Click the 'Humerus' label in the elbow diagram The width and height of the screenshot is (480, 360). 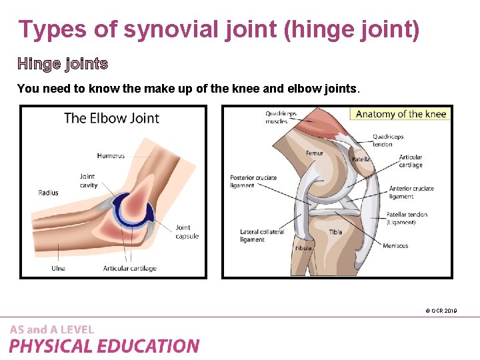coord(111,156)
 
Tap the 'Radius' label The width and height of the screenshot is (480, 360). coord(48,193)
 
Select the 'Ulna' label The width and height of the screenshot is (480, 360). coord(59,269)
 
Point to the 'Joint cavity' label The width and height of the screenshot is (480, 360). coord(88,181)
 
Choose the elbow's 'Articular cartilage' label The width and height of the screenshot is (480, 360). coord(129,269)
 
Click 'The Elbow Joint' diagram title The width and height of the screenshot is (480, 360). coord(111,119)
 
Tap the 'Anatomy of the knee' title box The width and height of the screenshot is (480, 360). coord(401,114)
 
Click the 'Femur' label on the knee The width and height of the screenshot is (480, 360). coord(314,153)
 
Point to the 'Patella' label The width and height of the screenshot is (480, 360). coord(361,159)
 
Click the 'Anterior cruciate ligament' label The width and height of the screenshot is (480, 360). coord(411,192)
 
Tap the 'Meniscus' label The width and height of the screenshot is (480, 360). coord(395,246)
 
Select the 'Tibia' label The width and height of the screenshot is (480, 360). coord(335,232)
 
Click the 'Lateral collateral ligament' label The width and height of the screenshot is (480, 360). coord(262,235)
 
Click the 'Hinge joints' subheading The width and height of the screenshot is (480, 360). coord(63,64)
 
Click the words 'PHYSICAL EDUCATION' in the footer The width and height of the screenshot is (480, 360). coord(104,346)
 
